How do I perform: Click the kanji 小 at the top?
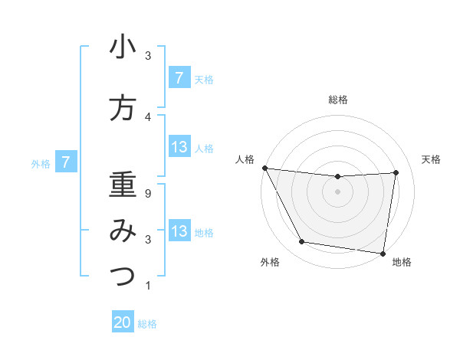pos(123,47)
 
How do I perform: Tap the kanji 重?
pos(123,185)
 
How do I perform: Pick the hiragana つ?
pos(123,276)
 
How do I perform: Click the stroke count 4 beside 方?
pos(148,117)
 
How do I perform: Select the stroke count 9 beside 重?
pos(148,194)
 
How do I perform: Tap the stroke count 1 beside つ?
pos(148,286)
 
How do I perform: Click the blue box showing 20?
pos(123,323)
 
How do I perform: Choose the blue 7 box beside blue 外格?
pos(66,162)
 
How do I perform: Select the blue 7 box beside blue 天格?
pos(179,78)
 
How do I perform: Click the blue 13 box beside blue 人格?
pos(179,147)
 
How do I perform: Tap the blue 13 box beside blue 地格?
pos(179,231)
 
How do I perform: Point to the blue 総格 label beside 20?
pos(147,324)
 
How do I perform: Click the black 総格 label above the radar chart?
pos(337,100)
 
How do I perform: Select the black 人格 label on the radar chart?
pos(244,159)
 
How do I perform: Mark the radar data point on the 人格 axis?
pos(264,168)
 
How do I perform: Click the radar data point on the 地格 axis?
pos(383,253)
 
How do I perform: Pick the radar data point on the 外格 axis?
pos(301,243)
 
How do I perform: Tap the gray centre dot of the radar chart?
pos(337,191)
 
